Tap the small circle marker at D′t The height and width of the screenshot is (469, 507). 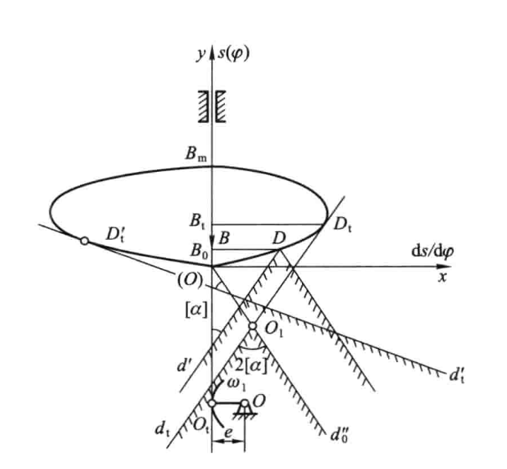pos(84,241)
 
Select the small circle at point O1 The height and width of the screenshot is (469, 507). pos(252,325)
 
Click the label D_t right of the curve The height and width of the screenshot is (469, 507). pos(343,224)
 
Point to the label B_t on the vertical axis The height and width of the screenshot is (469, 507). pos(197,222)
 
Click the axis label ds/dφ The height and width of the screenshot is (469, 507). pos(432,252)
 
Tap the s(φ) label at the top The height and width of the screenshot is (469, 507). pos(233,54)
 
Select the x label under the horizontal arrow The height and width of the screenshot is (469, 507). pos(443,277)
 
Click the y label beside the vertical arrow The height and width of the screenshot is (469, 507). pos(201,54)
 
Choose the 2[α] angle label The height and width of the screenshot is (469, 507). pos(251,366)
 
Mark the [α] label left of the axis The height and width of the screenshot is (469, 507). pos(196,311)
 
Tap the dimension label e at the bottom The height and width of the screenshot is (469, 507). pos(228,432)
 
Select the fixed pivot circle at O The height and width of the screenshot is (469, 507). pos(245,404)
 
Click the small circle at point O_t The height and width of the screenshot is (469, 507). pos(212,403)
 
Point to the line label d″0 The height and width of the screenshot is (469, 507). pos(339,435)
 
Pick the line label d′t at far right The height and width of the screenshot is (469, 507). pos(457,375)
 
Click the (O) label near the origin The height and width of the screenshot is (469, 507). pos(190,279)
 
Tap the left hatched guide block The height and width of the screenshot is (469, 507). pos(203,106)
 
